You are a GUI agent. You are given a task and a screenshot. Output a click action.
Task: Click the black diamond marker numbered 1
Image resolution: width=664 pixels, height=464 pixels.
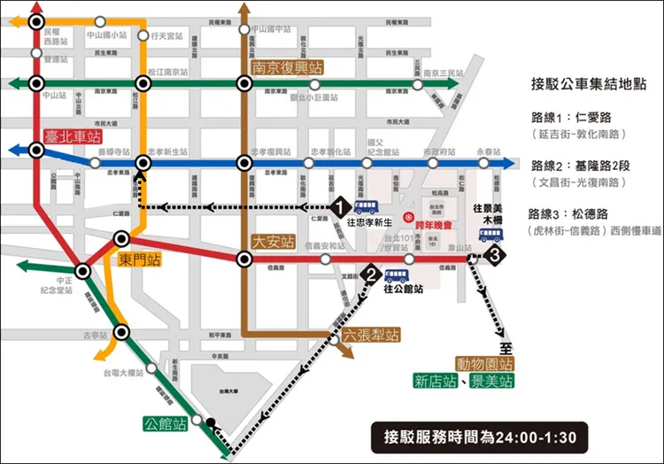coord(339,206)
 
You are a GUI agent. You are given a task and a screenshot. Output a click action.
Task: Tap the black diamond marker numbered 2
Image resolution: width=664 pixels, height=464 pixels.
coord(370,275)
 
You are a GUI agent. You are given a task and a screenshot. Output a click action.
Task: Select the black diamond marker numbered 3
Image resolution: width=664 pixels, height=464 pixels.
coord(498,255)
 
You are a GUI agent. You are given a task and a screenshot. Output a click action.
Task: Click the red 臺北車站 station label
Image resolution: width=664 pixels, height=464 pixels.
coord(73,136)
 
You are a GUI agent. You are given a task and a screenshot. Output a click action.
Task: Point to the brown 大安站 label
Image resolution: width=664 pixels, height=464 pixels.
coord(271,240)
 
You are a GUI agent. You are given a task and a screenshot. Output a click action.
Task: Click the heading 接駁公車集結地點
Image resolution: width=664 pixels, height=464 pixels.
coord(588,85)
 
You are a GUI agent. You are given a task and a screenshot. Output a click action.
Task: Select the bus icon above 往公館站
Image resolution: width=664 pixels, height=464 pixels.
coord(398,275)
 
